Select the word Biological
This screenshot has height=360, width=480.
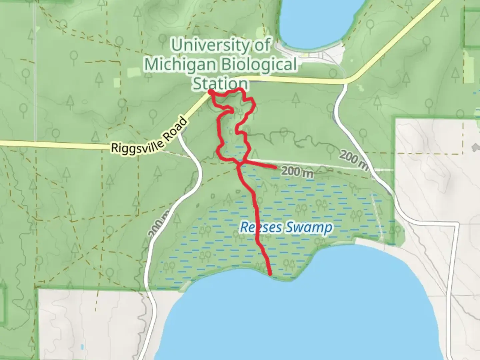tap(259, 64)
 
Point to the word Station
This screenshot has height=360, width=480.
tap(220, 83)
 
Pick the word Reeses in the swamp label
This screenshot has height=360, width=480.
tap(257, 228)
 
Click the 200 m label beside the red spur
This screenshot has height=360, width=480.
tap(297, 173)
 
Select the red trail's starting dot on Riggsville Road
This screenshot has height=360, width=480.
tap(211, 91)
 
